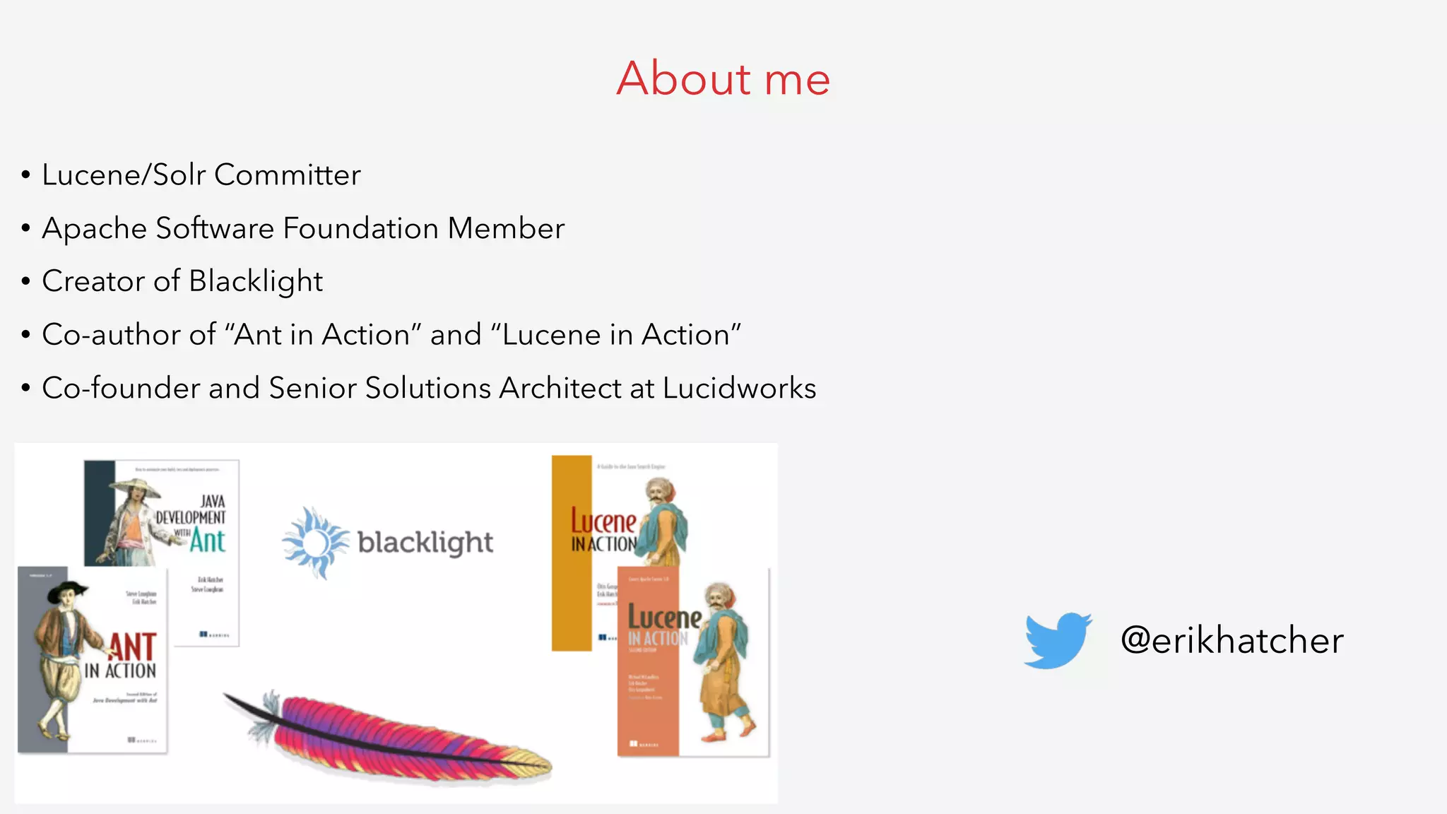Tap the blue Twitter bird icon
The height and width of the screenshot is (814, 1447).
point(1057,639)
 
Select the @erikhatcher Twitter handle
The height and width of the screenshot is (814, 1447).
point(1232,640)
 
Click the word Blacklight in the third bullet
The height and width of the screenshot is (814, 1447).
point(256,281)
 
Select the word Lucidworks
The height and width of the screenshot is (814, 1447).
point(739,388)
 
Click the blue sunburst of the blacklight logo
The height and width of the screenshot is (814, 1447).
point(315,543)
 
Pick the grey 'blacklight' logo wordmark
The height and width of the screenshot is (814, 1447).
point(425,543)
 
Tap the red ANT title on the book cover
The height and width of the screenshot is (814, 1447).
point(132,647)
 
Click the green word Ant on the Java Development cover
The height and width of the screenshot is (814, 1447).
point(207,541)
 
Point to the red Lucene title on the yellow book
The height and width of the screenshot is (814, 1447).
point(603,521)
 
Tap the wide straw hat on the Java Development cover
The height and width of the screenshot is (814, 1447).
point(134,487)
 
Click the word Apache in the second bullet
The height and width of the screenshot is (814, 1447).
point(94,228)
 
